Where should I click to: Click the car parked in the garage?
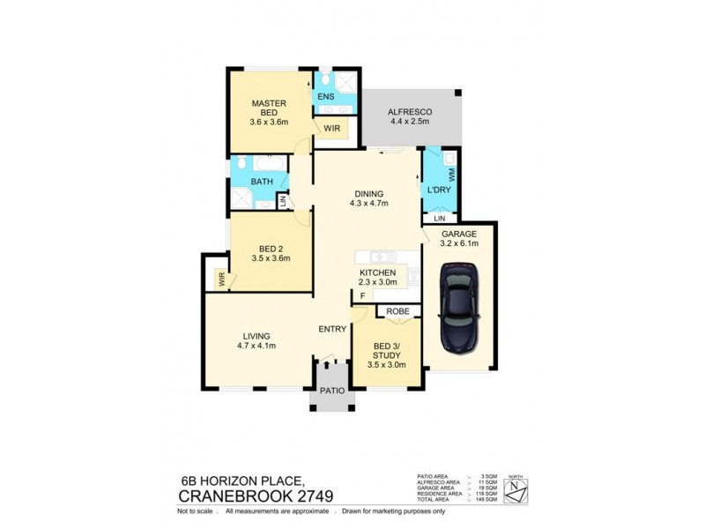(x=459, y=311)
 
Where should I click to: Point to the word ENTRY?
(x=332, y=329)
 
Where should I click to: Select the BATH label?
(x=262, y=182)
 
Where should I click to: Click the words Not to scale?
(x=195, y=511)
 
